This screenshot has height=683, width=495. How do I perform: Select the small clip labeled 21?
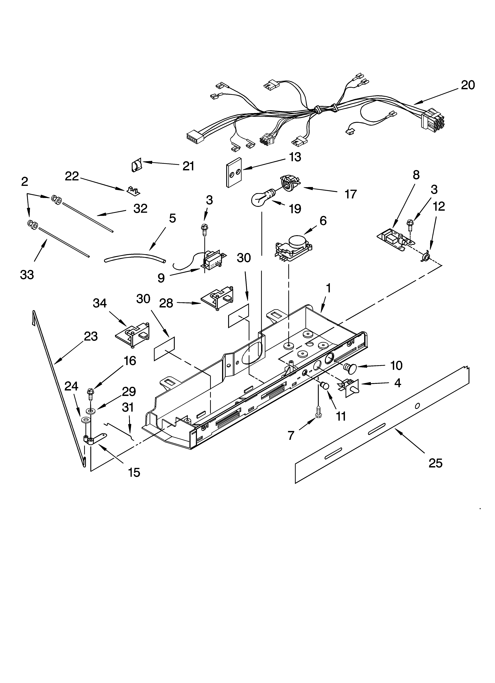[137, 166]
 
